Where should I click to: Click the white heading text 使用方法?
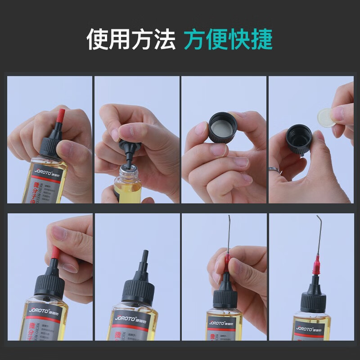[130, 40]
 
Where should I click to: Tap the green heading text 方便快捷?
[228, 40]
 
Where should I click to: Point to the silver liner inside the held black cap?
[222, 122]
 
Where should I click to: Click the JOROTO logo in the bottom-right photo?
[306, 328]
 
